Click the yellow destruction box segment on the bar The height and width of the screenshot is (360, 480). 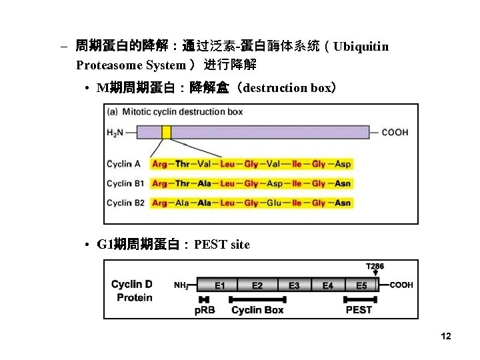166,131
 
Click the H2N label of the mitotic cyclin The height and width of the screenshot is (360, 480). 116,132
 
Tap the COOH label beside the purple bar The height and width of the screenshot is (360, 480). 395,132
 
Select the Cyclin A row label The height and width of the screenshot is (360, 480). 124,164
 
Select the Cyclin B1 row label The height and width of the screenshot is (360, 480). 125,183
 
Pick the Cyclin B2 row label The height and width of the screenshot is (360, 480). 125,203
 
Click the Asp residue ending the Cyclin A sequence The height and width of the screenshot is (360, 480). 343,164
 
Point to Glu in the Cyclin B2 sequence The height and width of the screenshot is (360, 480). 274,203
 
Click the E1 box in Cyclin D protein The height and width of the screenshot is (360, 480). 219,285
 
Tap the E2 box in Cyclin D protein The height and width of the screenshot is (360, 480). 257,285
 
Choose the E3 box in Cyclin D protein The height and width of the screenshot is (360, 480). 294,285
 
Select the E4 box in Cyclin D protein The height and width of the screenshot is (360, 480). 328,285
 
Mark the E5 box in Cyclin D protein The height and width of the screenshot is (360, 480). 361,285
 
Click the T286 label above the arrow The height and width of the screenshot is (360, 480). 375,265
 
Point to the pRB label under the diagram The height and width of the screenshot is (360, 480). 205,310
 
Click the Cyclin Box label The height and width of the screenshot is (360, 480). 257,310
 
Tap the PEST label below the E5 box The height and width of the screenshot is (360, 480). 359,310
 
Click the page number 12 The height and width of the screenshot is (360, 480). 446,337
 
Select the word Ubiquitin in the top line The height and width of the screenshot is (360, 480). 361,47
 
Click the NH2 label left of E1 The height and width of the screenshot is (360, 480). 181,286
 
